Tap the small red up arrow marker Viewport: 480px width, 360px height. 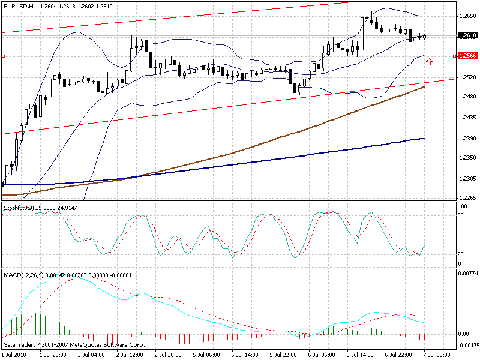[429, 62]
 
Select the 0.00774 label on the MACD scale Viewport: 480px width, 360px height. [466, 274]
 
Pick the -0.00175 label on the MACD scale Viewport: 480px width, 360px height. [466, 345]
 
